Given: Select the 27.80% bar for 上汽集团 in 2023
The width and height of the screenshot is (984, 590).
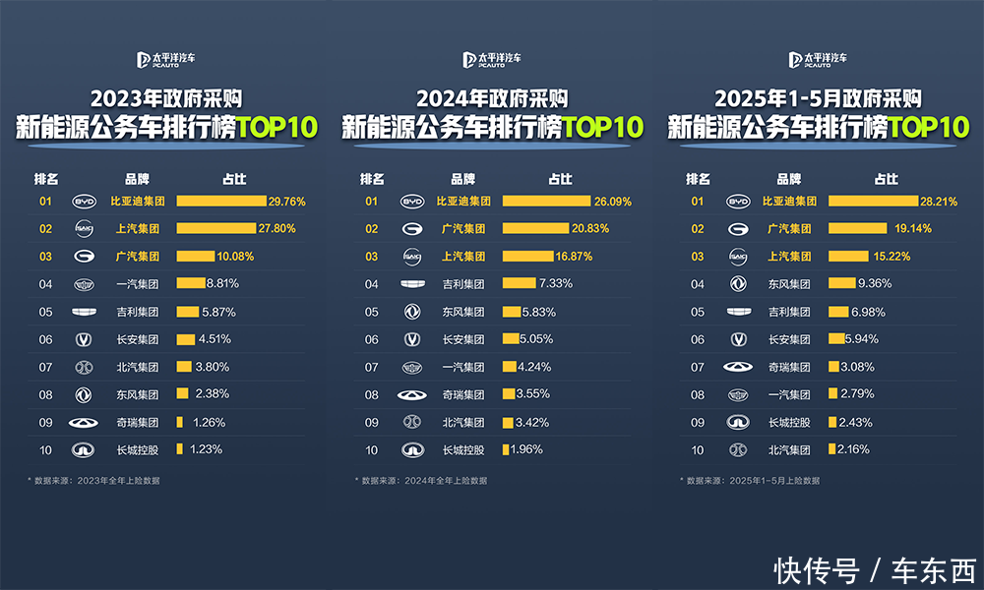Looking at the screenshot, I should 219,228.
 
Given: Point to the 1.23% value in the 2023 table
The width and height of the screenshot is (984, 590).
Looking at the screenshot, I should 206,449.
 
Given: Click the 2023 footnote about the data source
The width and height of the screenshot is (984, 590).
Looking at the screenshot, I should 94,481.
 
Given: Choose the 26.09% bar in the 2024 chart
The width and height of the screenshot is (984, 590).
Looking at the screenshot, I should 545,201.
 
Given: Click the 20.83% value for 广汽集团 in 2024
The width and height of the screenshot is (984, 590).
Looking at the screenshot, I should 589,228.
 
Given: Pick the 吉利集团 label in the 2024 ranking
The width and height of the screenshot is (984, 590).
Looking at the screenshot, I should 461,284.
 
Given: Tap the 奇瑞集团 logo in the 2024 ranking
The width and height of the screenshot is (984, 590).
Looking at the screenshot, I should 409,394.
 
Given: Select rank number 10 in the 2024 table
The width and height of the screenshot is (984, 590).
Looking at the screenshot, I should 372,449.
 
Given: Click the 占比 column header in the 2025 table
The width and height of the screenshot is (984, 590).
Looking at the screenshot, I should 886,179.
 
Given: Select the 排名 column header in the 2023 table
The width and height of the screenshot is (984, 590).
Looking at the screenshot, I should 46,179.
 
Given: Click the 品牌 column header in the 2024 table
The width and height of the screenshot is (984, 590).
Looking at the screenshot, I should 462,179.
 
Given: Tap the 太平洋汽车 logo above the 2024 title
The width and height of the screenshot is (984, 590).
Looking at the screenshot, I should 492,60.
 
